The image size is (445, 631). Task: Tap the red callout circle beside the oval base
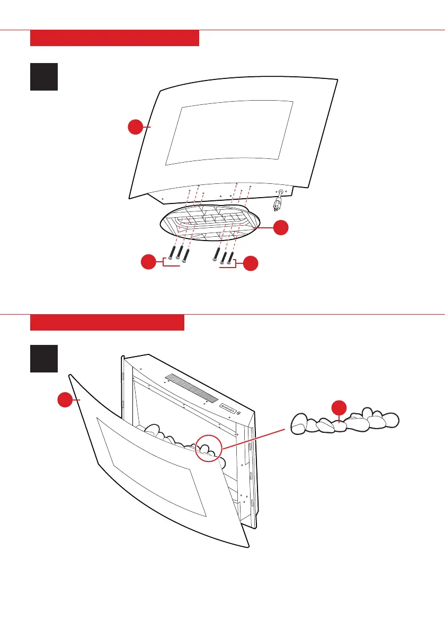(281, 228)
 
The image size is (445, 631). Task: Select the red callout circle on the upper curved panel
(136, 127)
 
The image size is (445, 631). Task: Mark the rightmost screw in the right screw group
(230, 255)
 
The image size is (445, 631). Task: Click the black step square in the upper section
(44, 77)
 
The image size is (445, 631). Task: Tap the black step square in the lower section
(44, 359)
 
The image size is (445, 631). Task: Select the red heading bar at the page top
(114, 38)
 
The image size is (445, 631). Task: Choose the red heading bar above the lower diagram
(107, 323)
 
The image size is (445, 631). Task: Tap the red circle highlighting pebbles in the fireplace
(208, 448)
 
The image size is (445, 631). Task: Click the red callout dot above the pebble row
(339, 408)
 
